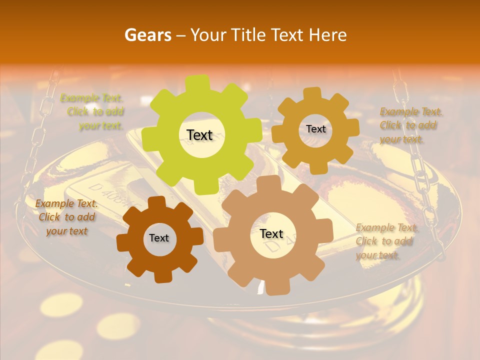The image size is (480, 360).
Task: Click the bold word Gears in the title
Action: point(147,35)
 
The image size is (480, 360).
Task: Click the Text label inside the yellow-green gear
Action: point(199,135)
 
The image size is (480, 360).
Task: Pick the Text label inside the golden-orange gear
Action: point(315,129)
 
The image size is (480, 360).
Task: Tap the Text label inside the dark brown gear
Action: point(159,238)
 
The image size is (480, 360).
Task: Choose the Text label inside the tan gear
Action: point(271,233)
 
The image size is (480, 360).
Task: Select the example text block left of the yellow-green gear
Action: point(95,112)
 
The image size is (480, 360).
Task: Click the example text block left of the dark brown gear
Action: point(66,217)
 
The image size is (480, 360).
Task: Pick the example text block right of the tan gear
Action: point(385,241)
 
